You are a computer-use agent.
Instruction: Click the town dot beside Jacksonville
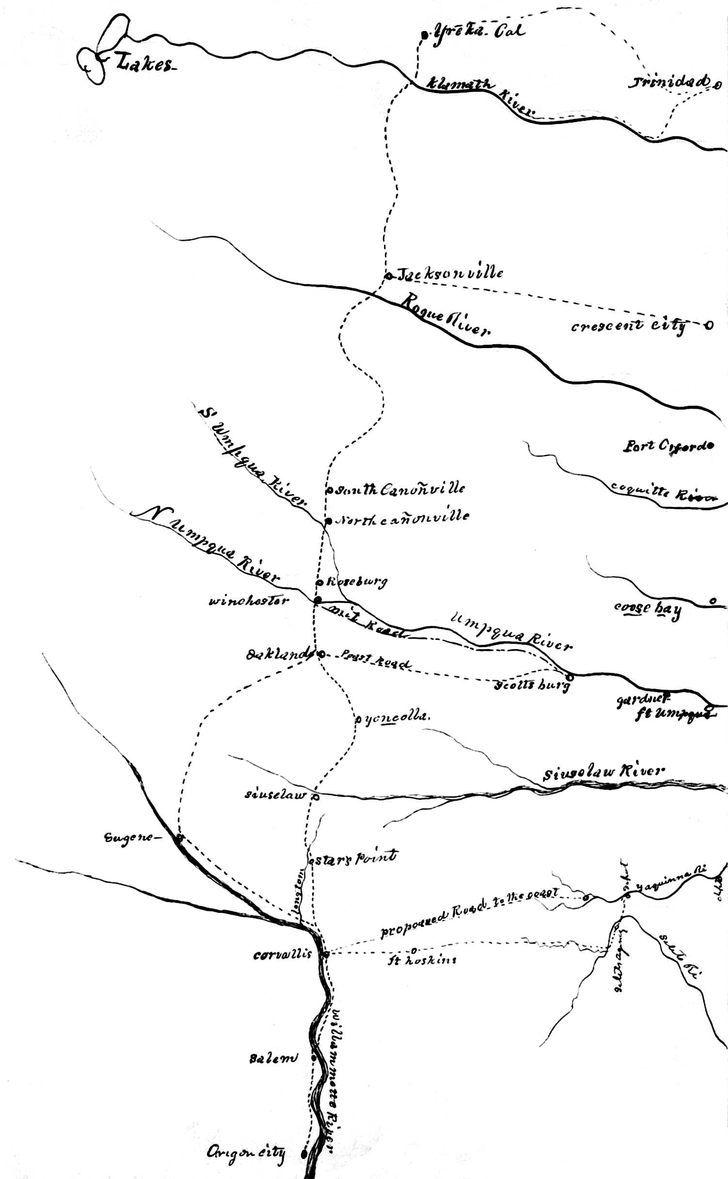coord(388,276)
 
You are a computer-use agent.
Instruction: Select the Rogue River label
coord(446,315)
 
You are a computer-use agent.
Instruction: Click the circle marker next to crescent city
coord(709,325)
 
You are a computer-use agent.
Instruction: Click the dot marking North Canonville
coord(328,521)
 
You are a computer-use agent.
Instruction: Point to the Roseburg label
coord(357,582)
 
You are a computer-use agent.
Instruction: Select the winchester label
coord(249,601)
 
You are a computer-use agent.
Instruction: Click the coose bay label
coord(648,609)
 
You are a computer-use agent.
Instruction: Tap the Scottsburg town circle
coord(570,677)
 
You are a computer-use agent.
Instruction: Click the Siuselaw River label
coord(603,772)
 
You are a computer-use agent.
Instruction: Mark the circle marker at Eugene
coord(179,837)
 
